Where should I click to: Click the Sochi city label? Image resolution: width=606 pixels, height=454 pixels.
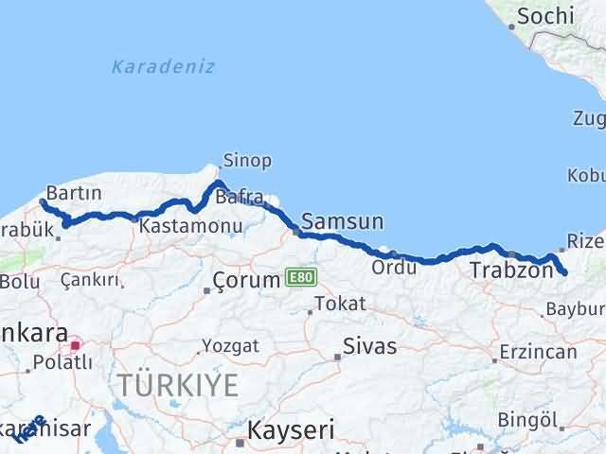(546, 15)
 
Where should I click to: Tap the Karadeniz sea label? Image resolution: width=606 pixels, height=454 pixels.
(163, 67)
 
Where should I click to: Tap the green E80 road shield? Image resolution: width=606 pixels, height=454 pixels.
(299, 278)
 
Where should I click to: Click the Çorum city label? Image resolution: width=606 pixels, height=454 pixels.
(248, 281)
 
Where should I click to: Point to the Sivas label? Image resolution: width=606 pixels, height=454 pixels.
(370, 345)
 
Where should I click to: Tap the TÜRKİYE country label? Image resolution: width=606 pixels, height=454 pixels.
(177, 385)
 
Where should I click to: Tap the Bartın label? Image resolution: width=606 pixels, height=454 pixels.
(73, 192)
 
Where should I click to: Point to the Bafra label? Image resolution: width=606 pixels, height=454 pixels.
(239, 197)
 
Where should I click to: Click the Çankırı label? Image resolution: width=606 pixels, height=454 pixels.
(90, 280)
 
